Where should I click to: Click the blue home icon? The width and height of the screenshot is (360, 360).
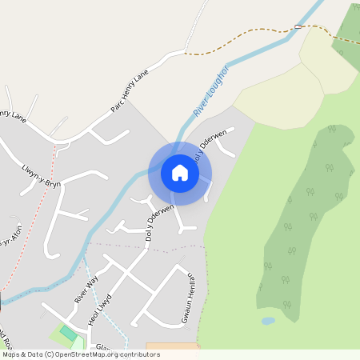tap(180, 173)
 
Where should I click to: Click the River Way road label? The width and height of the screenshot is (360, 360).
tap(86, 289)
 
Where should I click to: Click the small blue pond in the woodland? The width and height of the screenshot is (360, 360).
tap(268, 321)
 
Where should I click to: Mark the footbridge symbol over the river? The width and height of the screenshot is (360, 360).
tap(298, 26)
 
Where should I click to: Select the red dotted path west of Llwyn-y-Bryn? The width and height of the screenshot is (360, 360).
tap(32, 240)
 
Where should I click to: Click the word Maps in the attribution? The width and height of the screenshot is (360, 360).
tap(11, 354)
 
